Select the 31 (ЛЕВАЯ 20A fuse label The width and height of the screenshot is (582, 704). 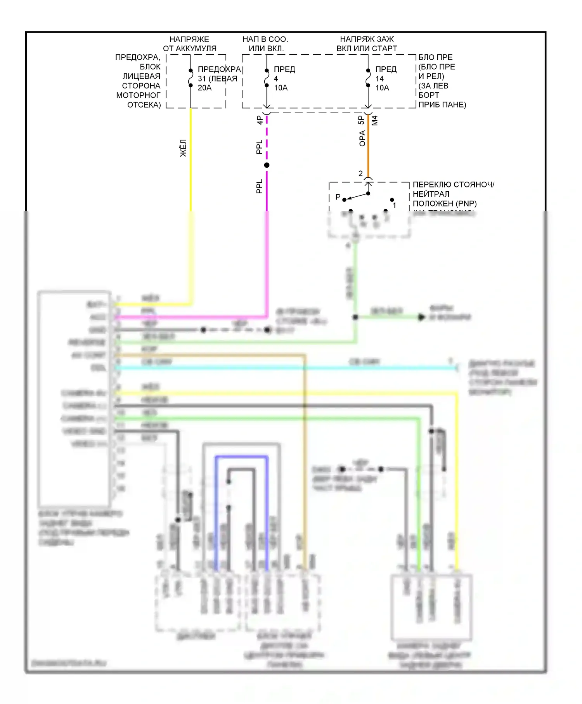coord(217,83)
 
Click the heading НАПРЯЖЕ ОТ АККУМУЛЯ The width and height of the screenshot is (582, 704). coord(189,44)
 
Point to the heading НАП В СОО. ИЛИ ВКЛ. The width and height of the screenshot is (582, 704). coord(265,44)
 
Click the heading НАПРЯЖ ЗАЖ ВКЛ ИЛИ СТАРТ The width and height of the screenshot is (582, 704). coord(367,44)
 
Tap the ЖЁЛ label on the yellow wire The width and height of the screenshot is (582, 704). coord(184,148)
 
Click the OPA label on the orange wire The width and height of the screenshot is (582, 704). coord(362,138)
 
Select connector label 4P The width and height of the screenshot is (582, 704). coord(260,120)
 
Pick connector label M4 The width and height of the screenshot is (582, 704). coord(374,120)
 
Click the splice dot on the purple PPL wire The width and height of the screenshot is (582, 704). coord(267,165)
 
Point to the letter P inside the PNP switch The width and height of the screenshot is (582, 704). coord(338,197)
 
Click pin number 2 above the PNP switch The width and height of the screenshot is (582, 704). coord(360,173)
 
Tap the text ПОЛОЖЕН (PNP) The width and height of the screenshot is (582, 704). coord(444,203)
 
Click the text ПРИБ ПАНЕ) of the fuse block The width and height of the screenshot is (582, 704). coord(442,104)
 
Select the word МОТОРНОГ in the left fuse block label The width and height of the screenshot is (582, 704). coord(138,95)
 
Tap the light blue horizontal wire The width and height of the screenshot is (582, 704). coord(287,368)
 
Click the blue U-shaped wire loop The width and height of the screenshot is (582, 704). coord(241,458)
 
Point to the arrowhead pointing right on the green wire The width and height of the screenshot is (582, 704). coord(421,317)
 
